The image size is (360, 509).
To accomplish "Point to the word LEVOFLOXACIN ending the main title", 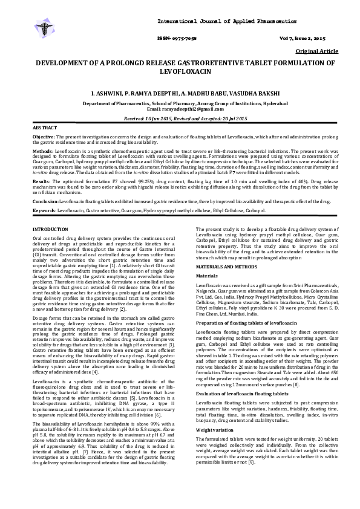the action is click(180, 72).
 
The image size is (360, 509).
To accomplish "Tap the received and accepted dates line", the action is click(180, 118).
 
